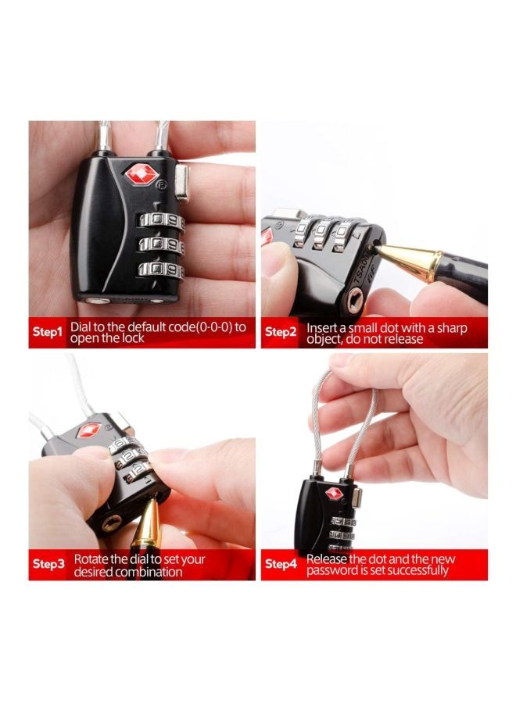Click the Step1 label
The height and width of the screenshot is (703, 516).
(47, 332)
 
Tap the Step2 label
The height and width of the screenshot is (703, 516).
(281, 332)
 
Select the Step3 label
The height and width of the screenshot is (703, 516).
(48, 564)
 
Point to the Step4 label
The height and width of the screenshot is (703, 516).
(281, 563)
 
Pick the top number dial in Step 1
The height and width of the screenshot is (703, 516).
(162, 220)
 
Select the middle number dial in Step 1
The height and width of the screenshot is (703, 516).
(162, 244)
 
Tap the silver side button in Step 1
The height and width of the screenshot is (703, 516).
(184, 181)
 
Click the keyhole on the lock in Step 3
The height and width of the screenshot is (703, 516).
(111, 523)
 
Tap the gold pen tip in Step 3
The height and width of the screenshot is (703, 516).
(149, 520)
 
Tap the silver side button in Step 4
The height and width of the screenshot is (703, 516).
(357, 498)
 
